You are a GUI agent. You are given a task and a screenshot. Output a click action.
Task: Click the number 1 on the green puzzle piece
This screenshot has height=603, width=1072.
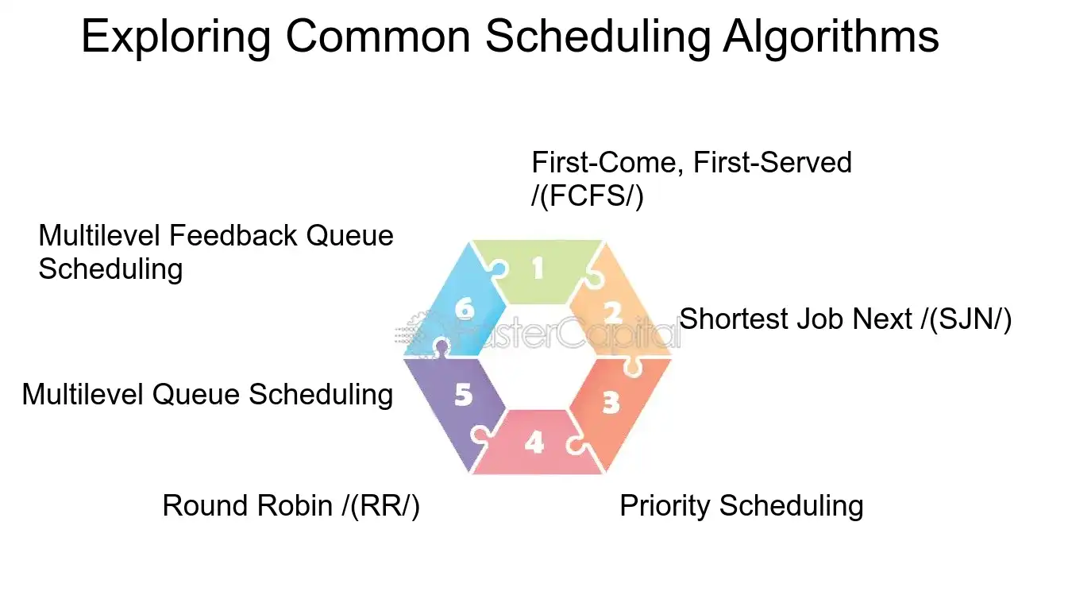point(538,269)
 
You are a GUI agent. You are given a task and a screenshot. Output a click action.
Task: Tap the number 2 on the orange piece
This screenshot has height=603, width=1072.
point(612,313)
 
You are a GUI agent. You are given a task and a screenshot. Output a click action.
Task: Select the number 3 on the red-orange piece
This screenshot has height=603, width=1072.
point(611,403)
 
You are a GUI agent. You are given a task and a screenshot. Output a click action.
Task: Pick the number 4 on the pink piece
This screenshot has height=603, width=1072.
point(534,443)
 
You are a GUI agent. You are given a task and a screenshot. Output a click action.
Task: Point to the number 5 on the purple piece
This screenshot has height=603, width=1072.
point(463,395)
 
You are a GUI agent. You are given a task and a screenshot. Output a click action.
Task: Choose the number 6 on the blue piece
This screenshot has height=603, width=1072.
point(465,308)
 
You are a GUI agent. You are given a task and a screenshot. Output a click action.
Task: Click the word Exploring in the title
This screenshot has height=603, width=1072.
point(176,37)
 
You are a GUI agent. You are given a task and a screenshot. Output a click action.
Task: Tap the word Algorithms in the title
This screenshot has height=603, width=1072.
point(831,37)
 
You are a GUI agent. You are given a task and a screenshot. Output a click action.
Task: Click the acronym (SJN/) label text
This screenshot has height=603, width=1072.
point(970,319)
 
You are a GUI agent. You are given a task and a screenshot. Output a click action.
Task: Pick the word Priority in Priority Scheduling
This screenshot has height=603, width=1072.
point(665,506)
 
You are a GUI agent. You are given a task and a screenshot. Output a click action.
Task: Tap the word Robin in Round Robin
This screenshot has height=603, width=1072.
point(295,505)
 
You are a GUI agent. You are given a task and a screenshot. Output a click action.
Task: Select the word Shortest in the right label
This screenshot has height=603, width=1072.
point(734,319)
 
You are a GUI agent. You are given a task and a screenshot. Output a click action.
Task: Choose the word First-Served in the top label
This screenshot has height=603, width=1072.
point(773,162)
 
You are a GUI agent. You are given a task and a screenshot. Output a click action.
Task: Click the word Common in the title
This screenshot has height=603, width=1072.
point(378,37)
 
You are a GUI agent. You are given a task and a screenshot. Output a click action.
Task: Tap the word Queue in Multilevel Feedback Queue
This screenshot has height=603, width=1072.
point(350,236)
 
